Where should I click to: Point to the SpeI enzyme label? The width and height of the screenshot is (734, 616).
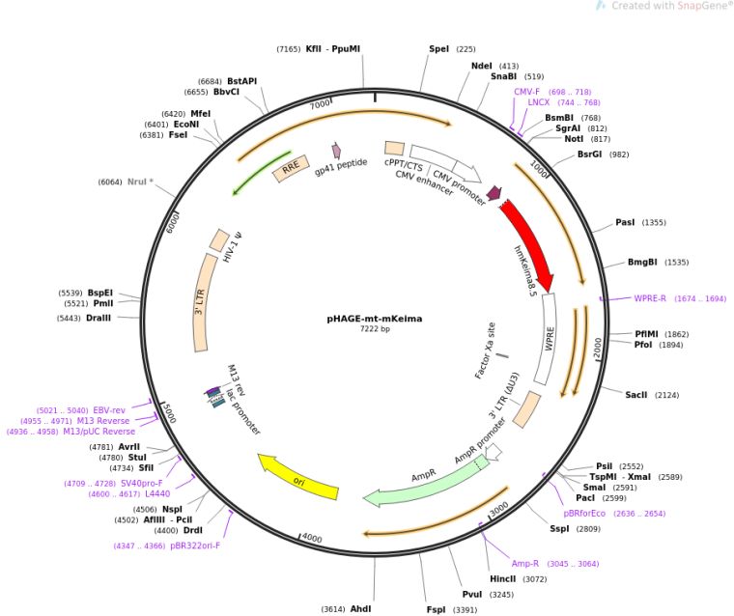click(438, 48)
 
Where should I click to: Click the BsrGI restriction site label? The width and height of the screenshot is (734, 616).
click(589, 154)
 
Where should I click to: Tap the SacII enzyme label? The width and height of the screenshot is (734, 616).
click(636, 395)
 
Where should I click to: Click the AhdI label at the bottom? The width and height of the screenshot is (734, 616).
click(360, 609)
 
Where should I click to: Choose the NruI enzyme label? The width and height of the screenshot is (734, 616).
click(140, 182)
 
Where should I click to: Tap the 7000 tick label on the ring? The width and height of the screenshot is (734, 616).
click(320, 103)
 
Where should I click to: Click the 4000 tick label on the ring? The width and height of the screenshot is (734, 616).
click(311, 537)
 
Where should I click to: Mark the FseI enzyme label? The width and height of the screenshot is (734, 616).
click(179, 135)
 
